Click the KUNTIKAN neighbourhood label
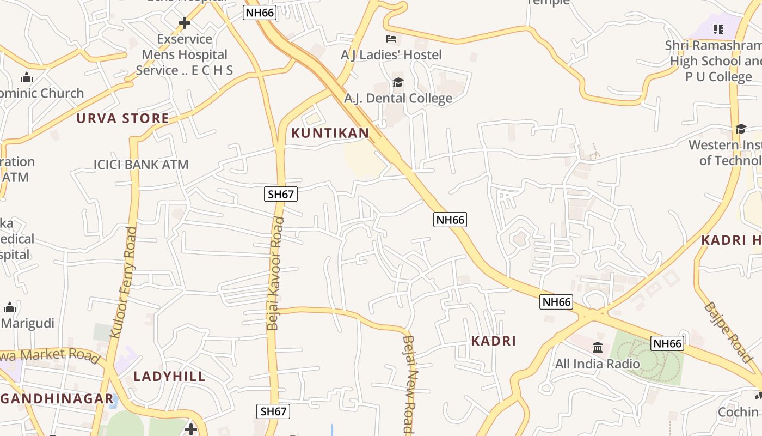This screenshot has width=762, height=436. point(330,132)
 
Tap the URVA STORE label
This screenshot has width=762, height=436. point(122,118)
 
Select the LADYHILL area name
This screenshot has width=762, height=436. point(169,376)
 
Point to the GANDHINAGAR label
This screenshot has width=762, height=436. point(57,398)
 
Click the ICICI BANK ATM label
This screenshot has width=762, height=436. point(141,164)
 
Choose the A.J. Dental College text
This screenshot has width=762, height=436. point(398,98)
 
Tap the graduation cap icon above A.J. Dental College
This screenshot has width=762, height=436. point(398,83)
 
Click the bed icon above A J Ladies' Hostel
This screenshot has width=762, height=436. point(391,39)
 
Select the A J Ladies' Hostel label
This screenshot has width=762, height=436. point(391,55)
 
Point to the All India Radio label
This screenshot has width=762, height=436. point(597,363)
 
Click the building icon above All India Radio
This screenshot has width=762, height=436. point(598,347)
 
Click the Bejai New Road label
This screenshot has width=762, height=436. point(409,384)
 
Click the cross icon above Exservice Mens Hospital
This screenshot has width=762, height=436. point(185,23)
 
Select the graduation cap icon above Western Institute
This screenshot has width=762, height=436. point(741,129)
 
